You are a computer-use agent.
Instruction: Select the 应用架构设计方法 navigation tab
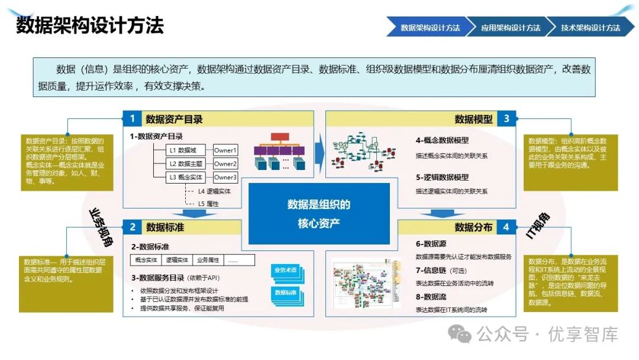pos(510,27)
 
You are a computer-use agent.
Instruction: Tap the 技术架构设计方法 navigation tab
pos(590,27)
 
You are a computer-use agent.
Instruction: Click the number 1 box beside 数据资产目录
pos(133,118)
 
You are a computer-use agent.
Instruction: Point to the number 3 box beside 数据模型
pos(506,118)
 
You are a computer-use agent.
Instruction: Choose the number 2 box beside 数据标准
pos(133,227)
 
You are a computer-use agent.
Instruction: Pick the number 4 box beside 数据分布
pos(506,227)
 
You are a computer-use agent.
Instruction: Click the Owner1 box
pos(225,150)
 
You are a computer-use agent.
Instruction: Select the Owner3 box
pos(225,177)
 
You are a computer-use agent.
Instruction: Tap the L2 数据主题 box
pos(186,164)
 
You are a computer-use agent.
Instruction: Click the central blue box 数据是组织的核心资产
pos(319,213)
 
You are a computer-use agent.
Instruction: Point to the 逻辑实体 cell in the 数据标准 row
pos(177,260)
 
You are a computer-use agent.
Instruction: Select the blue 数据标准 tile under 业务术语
pos(285,293)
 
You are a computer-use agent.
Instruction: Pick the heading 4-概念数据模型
pos(442,140)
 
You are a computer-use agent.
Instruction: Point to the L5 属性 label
pos(208,204)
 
